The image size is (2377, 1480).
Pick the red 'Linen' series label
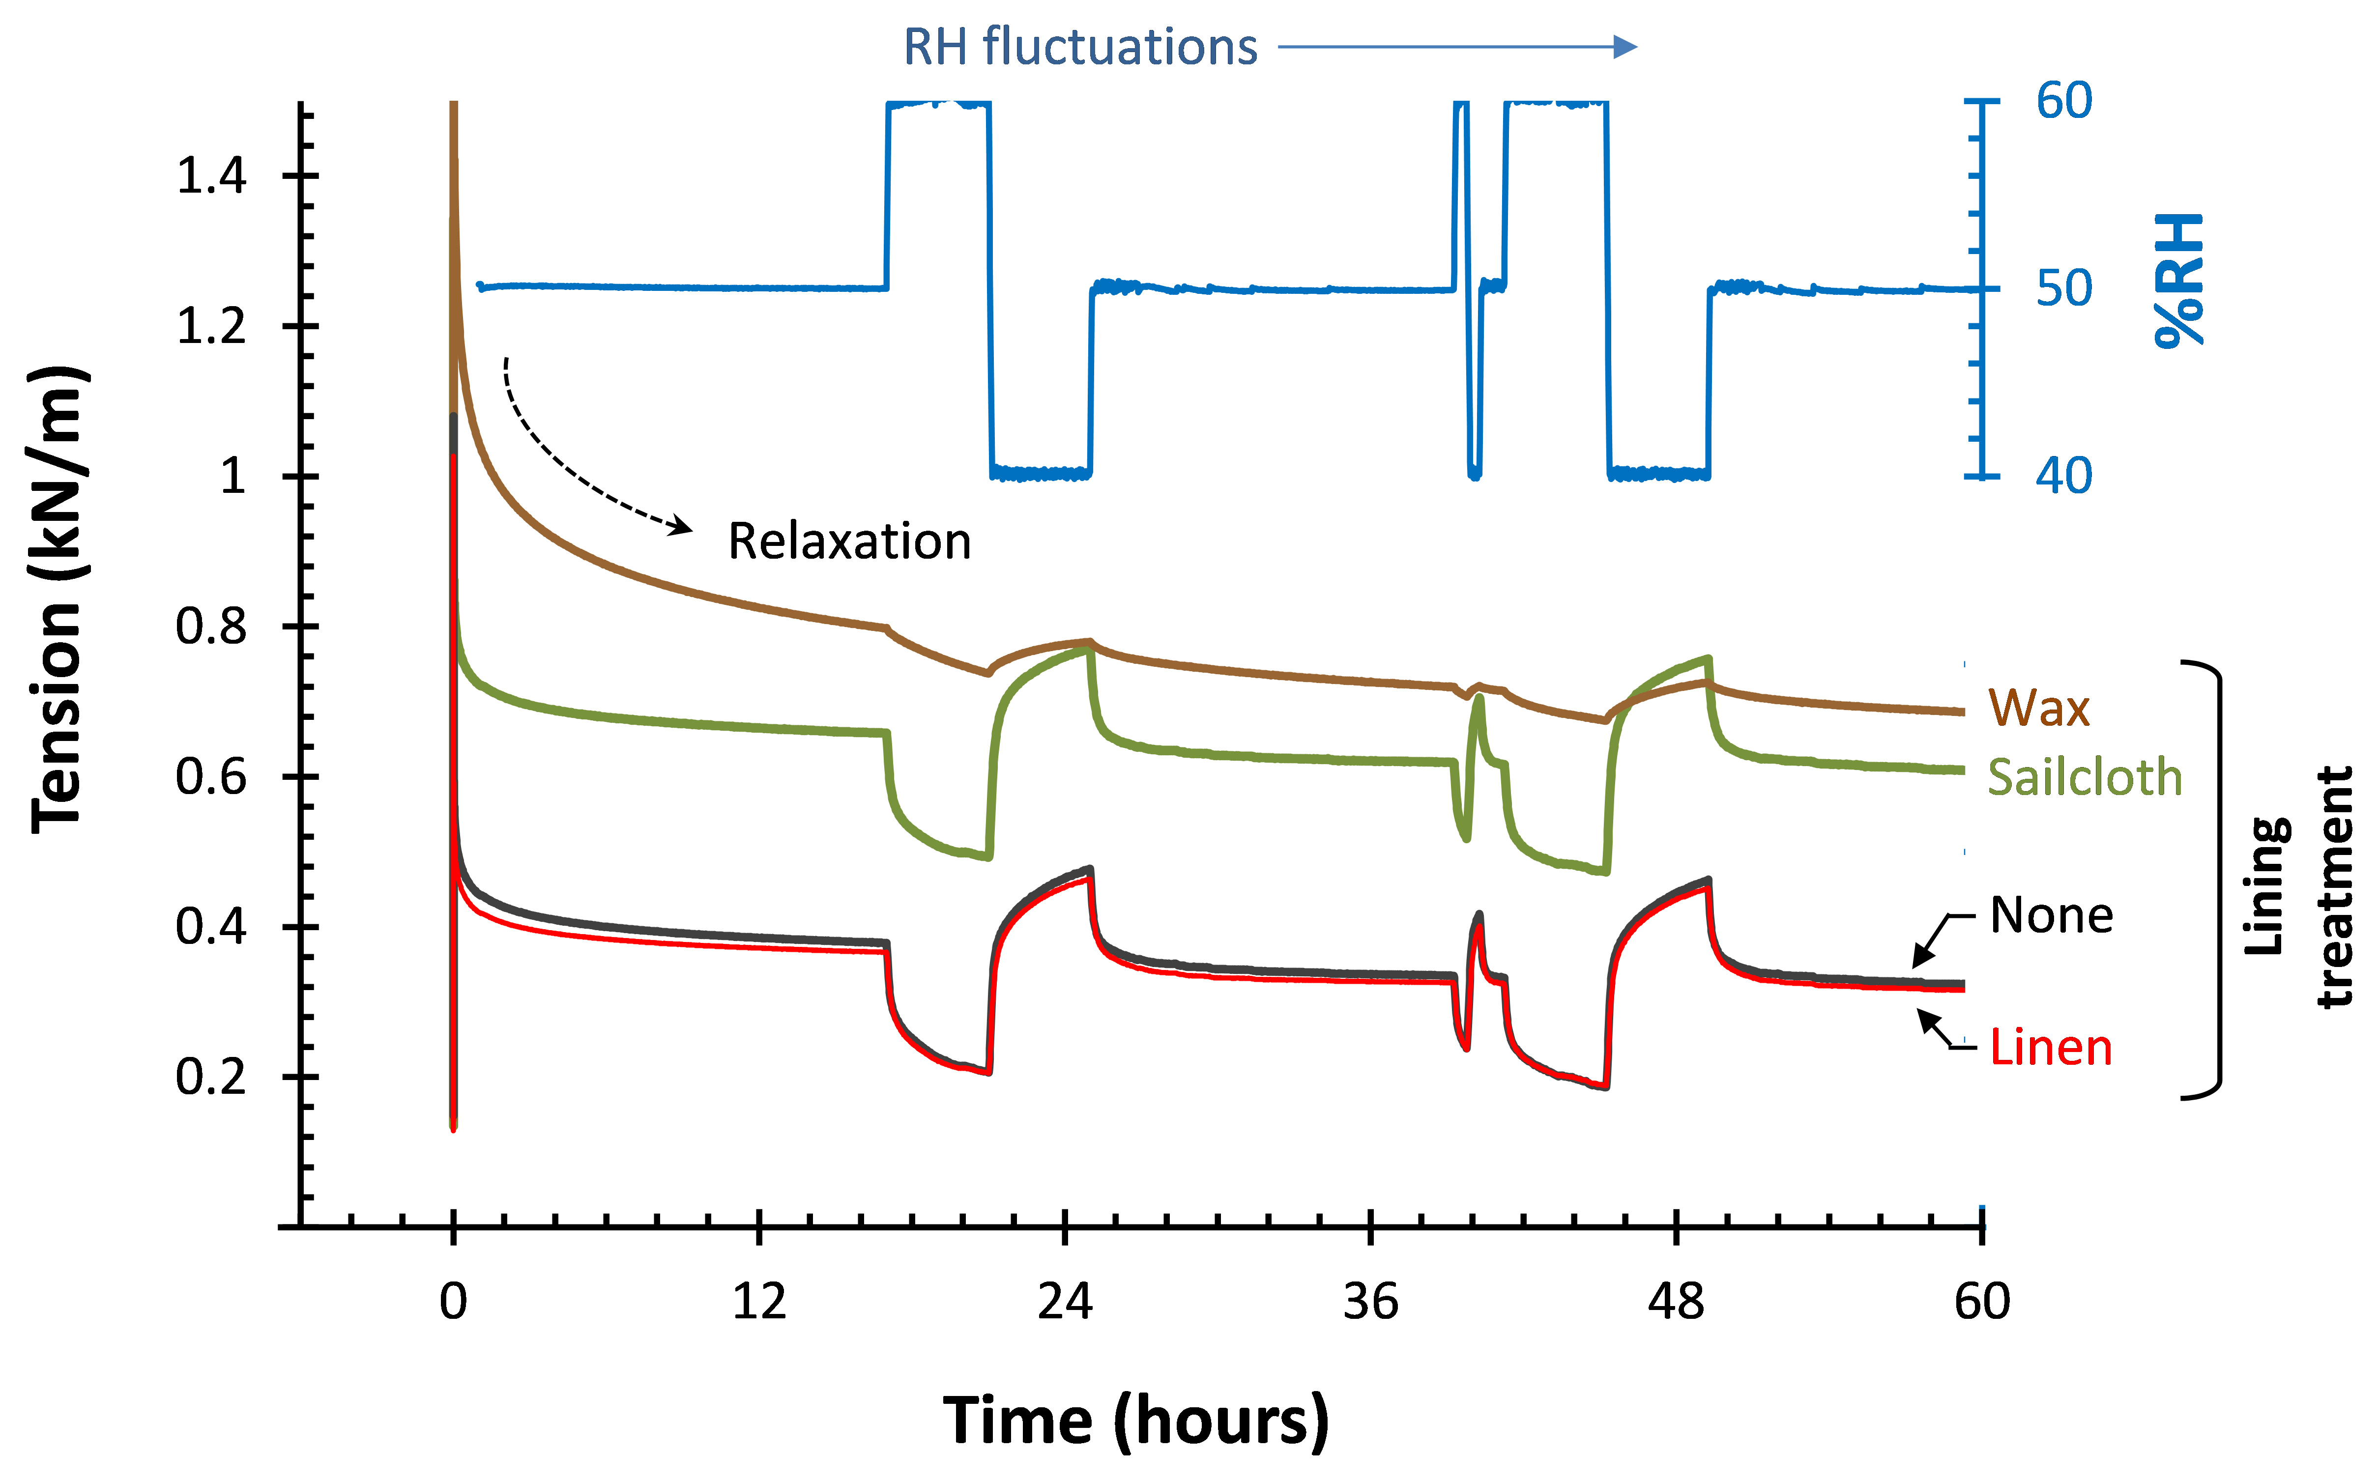(x=2050, y=1049)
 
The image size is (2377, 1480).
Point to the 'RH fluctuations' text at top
(x=1079, y=47)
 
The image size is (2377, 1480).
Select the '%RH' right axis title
(x=2179, y=281)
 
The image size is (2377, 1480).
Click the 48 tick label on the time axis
(x=1676, y=1302)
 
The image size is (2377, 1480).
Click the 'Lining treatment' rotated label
(x=2296, y=886)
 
